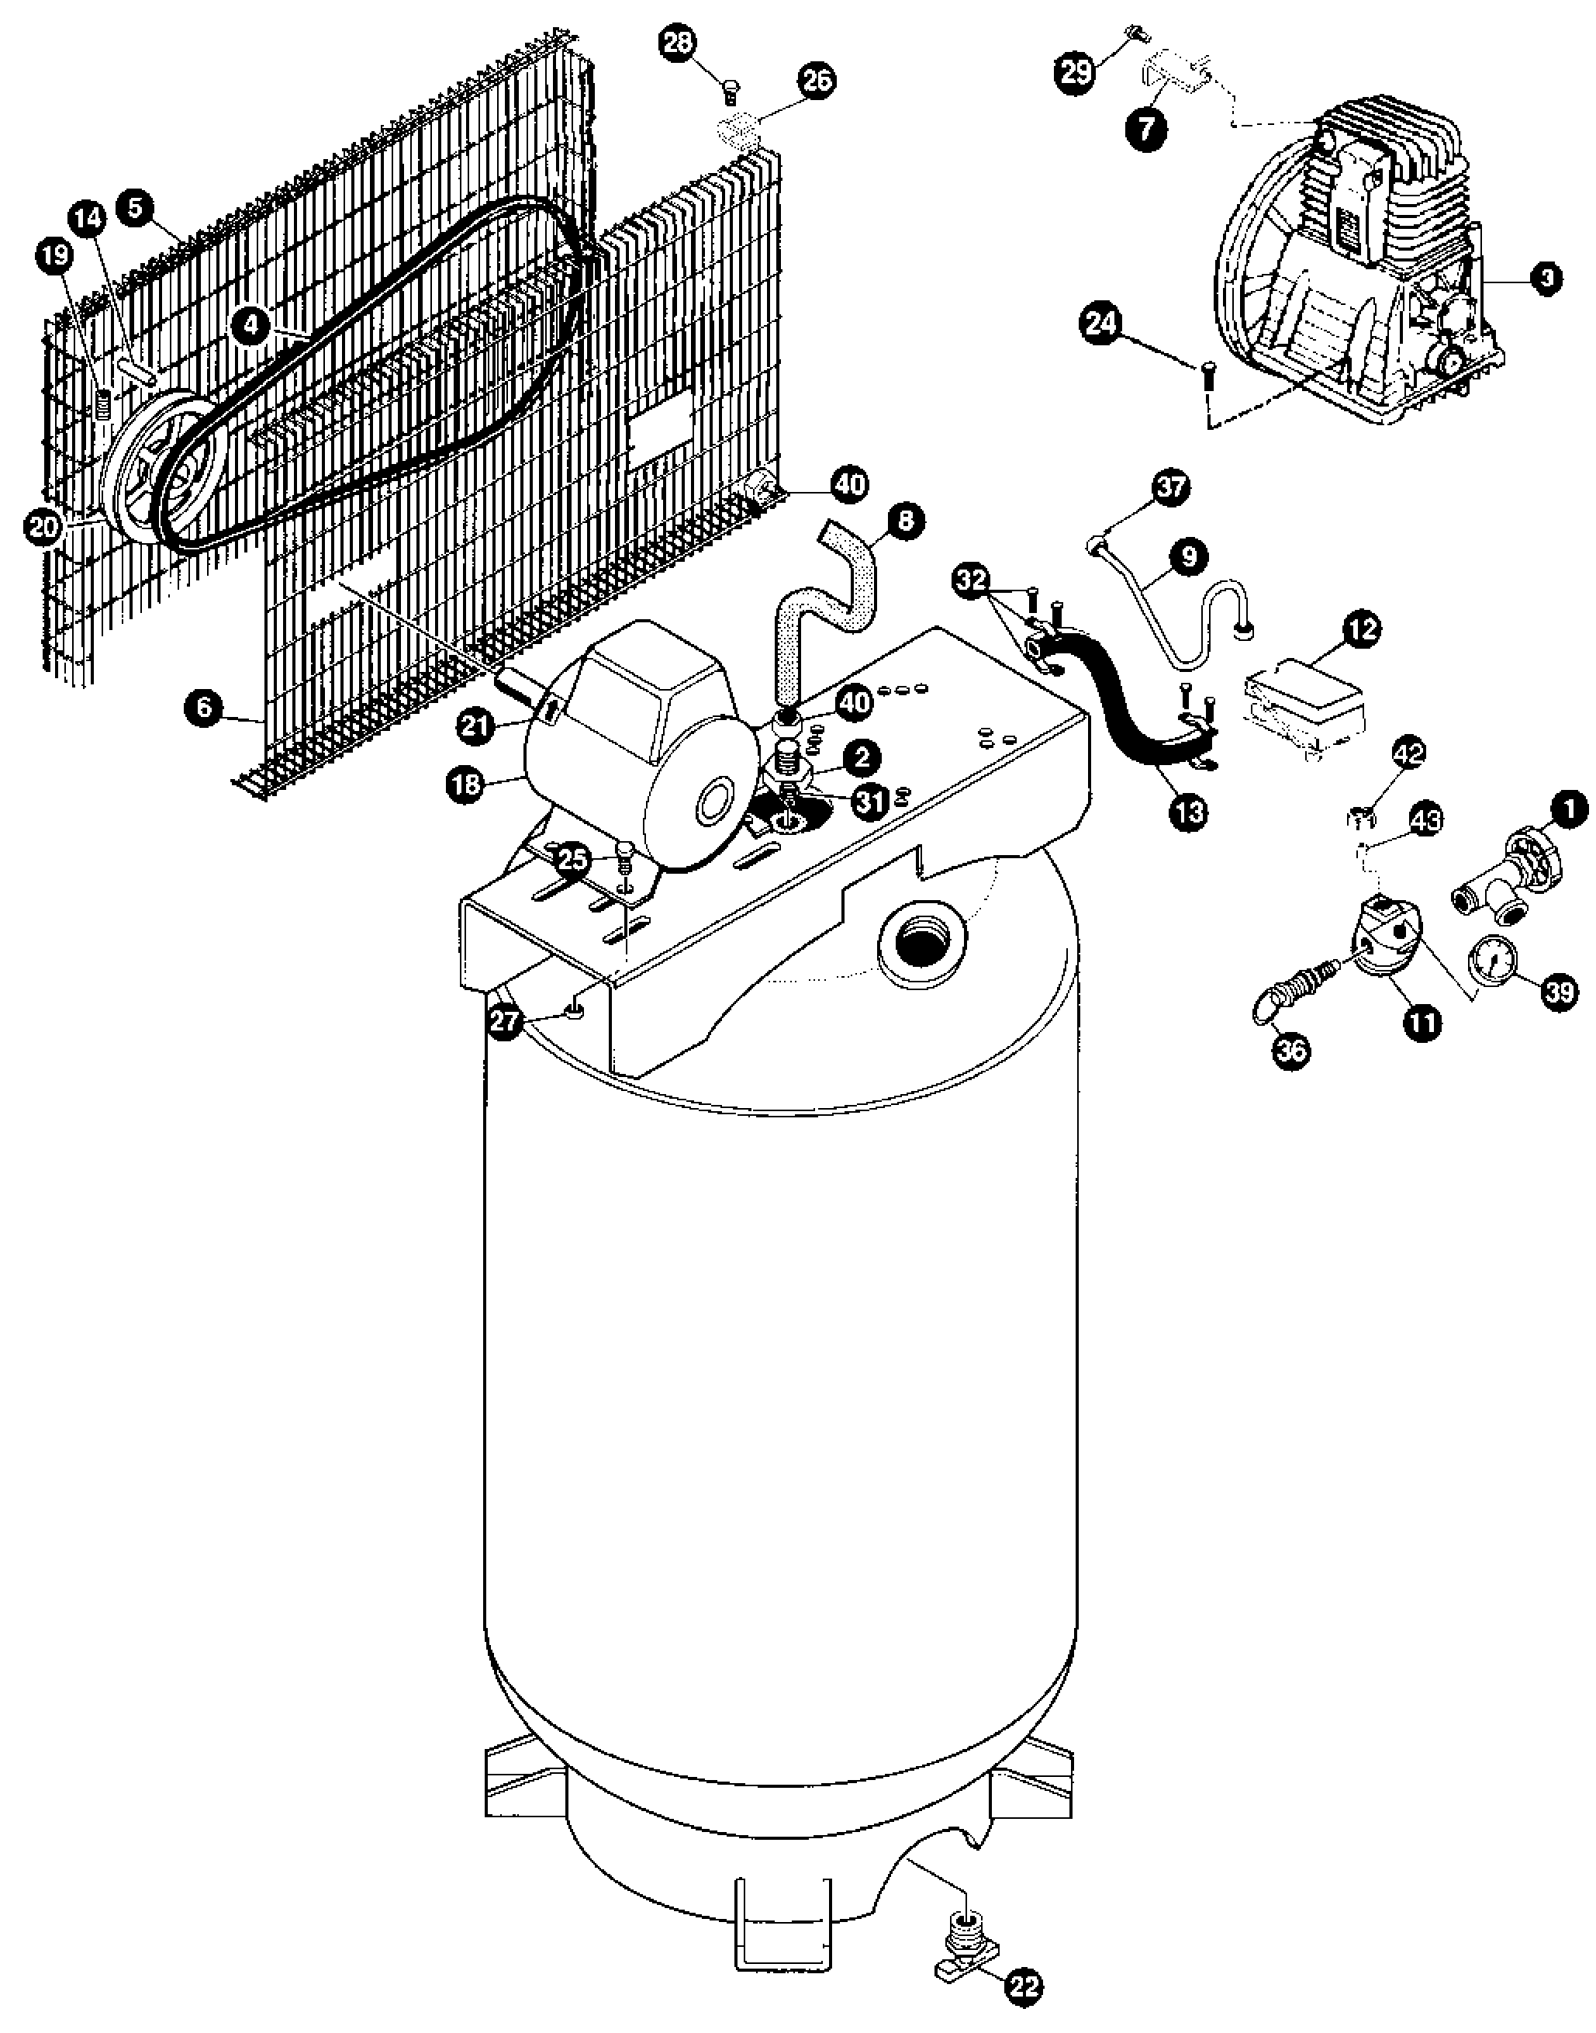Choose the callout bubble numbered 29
point(1076,72)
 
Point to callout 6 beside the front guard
point(204,708)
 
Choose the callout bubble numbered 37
point(1172,487)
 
